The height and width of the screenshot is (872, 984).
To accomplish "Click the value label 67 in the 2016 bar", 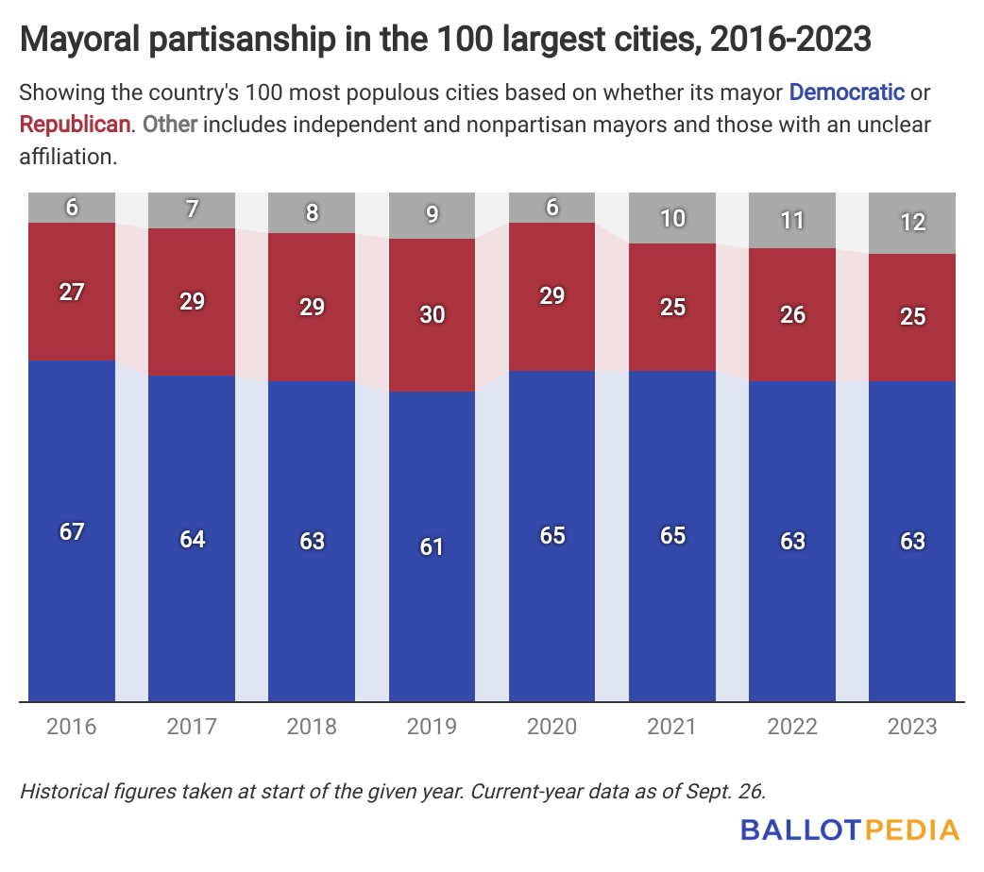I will click(72, 531).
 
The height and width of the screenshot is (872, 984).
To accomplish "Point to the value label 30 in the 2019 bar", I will click(433, 314).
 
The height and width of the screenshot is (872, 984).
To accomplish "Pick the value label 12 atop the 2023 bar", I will click(912, 223).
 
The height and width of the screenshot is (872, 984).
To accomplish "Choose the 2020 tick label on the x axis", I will click(552, 727).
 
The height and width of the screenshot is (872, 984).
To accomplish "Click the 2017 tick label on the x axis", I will click(192, 727).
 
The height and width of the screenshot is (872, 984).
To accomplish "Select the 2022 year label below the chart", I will click(792, 727).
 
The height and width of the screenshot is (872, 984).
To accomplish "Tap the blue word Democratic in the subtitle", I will click(847, 92).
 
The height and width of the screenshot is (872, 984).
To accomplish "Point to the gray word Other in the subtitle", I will click(171, 125).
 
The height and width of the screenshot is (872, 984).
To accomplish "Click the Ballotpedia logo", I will click(850, 830).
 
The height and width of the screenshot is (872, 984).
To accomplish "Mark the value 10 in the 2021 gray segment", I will click(672, 219).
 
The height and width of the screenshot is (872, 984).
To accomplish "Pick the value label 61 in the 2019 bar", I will click(433, 546).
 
